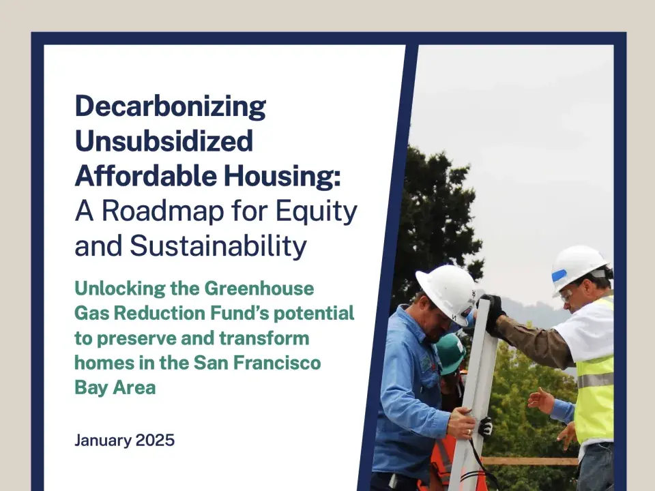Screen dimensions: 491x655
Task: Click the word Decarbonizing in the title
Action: (170, 107)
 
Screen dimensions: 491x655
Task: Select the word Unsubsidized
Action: (164, 141)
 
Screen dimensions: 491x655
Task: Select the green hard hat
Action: (451, 352)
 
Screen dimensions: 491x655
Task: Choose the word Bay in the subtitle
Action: (91, 387)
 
